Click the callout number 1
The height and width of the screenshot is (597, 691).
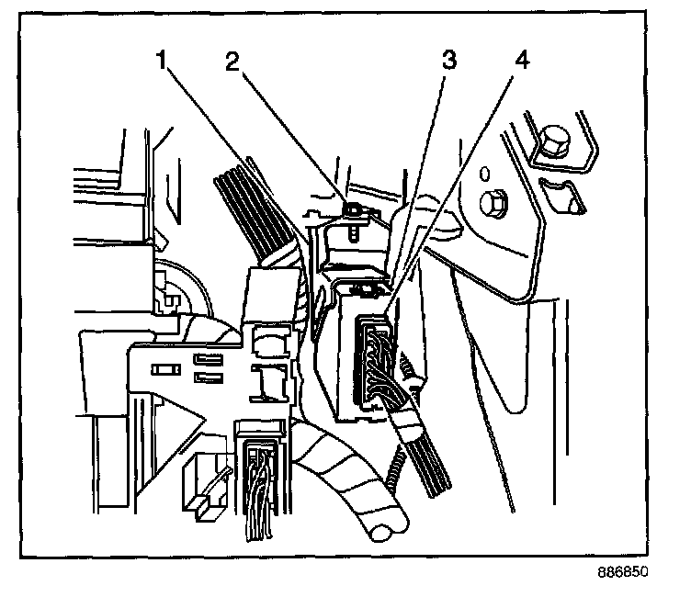pos(162,62)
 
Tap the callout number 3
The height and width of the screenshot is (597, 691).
pos(447,62)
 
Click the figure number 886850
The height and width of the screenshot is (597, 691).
pos(620,570)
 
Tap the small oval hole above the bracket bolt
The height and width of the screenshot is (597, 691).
pos(483,171)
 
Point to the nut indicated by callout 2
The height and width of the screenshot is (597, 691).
pos(352,212)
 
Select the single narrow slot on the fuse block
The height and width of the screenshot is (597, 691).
pos(165,371)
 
